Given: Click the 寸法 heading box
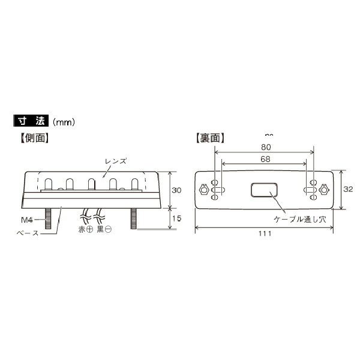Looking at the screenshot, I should [31, 121].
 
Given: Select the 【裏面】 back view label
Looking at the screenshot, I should [210, 137].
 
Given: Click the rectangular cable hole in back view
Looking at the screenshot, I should [263, 190].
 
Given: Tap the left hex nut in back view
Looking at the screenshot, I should [205, 190].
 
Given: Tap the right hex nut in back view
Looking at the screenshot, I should [326, 190].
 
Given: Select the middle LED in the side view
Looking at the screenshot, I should [91, 183].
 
